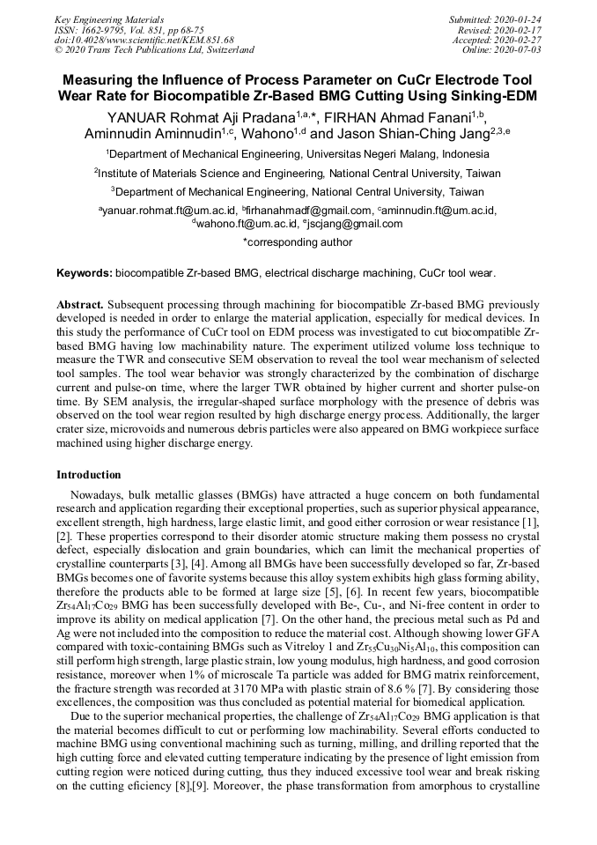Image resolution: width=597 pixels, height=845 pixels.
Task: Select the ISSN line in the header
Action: (129, 30)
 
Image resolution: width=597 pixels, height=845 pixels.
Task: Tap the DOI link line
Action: (144, 40)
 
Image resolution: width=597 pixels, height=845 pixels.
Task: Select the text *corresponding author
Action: (298, 242)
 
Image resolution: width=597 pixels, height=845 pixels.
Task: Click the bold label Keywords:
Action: (84, 274)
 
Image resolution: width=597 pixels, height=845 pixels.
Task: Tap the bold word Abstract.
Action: (80, 304)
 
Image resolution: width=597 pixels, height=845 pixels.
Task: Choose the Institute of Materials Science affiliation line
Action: (298, 174)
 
